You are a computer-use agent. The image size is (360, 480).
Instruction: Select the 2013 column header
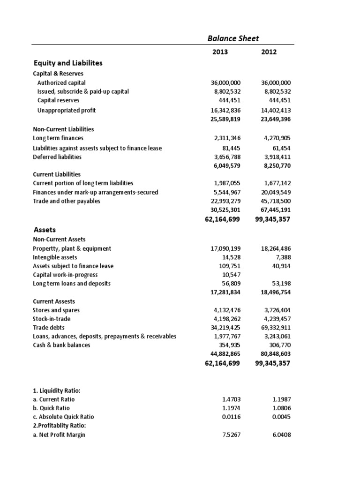[220, 52]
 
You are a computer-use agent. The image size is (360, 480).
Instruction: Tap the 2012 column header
[269, 52]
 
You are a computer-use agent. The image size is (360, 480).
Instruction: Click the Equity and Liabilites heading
[68, 63]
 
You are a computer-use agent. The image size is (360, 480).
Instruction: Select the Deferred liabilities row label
[57, 157]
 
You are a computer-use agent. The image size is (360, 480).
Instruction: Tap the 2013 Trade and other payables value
[223, 201]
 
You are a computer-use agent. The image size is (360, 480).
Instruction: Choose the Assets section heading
[45, 230]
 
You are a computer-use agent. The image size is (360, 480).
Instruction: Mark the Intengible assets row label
[55, 257]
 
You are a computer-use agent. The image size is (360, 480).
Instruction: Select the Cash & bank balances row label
[61, 345]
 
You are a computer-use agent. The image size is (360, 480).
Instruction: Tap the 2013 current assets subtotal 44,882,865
[223, 354]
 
